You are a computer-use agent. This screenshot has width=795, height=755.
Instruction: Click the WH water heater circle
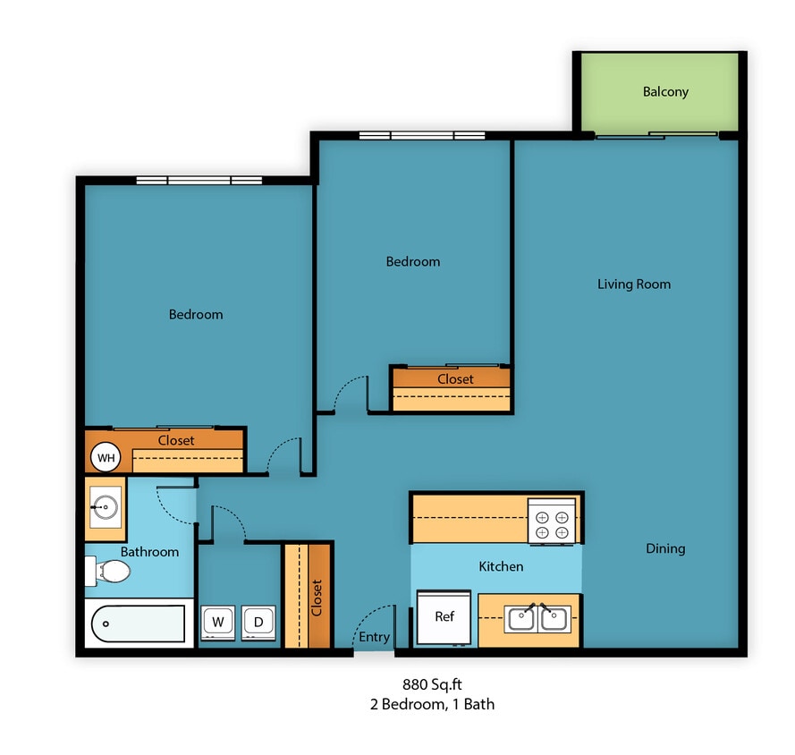(x=106, y=459)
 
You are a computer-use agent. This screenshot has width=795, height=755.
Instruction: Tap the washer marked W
(x=216, y=622)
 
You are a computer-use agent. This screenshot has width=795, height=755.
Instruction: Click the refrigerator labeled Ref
(x=444, y=617)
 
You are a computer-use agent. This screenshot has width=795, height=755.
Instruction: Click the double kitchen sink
(x=537, y=618)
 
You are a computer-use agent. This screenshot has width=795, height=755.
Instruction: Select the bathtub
(x=139, y=624)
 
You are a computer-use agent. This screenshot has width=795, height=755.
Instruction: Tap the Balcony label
(x=665, y=91)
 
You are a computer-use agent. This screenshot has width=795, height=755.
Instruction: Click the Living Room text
(x=633, y=284)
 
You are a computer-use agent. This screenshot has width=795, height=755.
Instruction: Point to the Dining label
(x=665, y=548)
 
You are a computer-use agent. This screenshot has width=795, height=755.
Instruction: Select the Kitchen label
(x=501, y=566)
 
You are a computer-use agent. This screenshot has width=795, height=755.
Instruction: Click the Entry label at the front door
(x=374, y=637)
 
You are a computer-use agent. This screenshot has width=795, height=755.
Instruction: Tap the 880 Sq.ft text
(x=432, y=684)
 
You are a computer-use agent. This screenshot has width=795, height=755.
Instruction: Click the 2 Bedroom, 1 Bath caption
(x=432, y=704)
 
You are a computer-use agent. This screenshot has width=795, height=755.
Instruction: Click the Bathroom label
(x=149, y=552)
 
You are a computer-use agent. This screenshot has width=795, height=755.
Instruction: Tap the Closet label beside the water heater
(x=176, y=440)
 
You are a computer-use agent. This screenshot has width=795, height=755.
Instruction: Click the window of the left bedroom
(x=199, y=181)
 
